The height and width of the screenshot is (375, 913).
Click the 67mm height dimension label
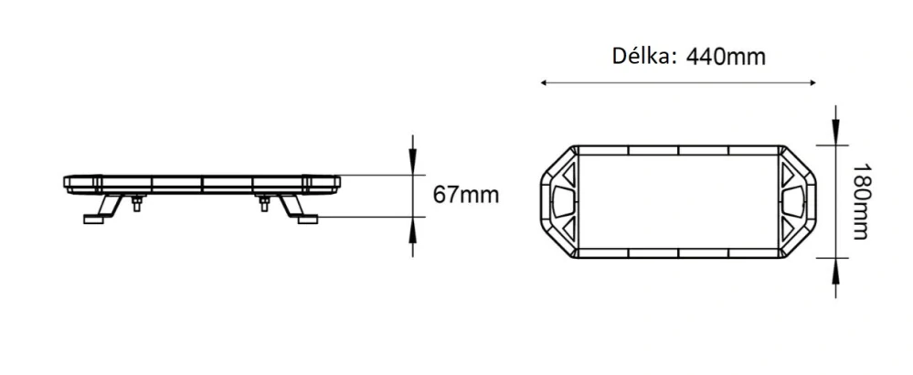coord(466,195)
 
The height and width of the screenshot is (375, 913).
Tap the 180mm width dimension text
coord(859,202)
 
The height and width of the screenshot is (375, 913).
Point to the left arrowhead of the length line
coord(546,83)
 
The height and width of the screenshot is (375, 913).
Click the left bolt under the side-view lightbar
coord(136,203)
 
